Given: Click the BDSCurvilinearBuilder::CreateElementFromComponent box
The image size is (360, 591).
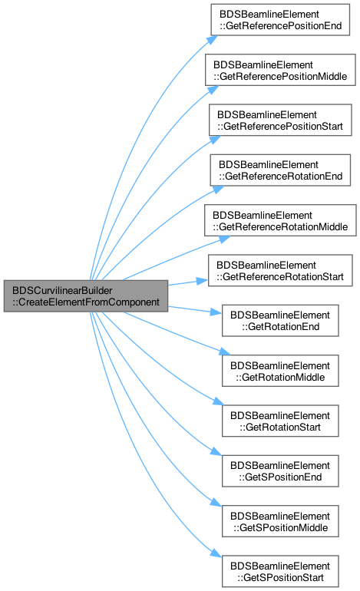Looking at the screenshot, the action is (x=85, y=295).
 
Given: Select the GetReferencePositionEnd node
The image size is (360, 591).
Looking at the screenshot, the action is (x=280, y=20).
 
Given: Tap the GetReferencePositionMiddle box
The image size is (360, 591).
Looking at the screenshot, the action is (x=280, y=70).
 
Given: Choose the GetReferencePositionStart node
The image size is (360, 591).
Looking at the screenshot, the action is (x=280, y=120).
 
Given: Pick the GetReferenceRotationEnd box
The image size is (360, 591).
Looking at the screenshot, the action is (x=280, y=170).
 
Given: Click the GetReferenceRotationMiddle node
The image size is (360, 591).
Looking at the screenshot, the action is (x=280, y=220).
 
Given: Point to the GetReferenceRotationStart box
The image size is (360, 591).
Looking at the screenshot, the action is (x=280, y=270).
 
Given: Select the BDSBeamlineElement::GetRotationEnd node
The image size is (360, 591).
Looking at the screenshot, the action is (x=280, y=320).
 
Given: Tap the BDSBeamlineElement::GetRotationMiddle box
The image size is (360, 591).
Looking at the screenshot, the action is (x=280, y=371).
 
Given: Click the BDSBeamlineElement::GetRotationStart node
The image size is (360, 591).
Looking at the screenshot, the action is (x=280, y=421).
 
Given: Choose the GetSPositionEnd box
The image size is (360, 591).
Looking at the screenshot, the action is (x=280, y=470).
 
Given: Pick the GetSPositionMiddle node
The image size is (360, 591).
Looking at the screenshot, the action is (x=280, y=521).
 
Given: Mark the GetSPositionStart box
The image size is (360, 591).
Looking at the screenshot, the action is (x=280, y=571).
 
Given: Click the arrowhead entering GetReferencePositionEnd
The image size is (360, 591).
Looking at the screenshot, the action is (x=213, y=40).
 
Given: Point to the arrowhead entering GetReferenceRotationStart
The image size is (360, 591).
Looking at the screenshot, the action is (x=203, y=281).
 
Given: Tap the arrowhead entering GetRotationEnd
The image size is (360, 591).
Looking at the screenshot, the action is (x=216, y=312).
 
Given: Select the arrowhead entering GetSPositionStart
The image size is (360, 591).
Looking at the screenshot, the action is (x=216, y=553).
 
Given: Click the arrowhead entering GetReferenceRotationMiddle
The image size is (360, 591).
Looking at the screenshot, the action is (x=225, y=239).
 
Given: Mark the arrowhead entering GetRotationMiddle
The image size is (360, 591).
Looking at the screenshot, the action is (x=225, y=352).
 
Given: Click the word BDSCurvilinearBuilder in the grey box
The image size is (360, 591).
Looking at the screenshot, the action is (x=62, y=291).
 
